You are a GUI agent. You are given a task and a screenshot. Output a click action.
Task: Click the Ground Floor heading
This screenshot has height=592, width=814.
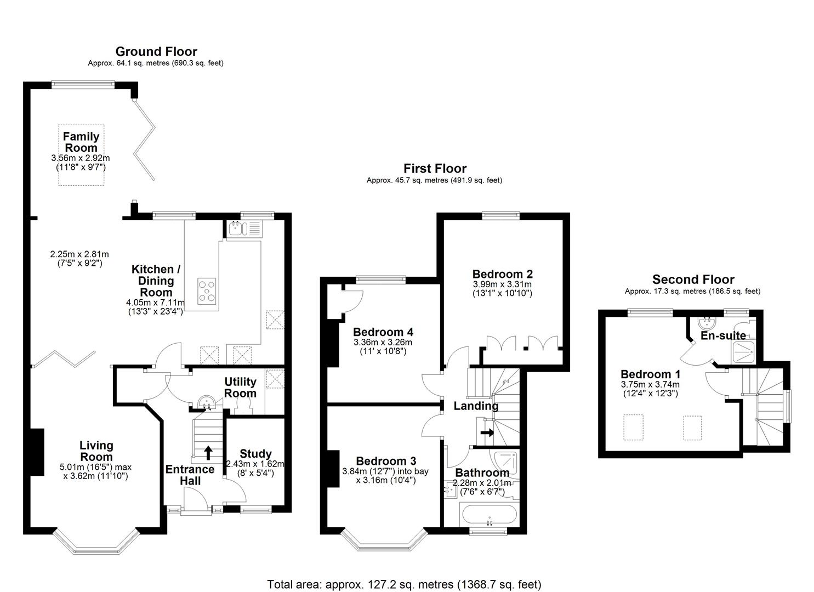[156, 52]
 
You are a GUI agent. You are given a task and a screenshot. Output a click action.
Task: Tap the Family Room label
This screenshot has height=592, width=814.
[81, 142]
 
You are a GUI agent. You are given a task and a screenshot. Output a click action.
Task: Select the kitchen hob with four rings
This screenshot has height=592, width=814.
[207, 291]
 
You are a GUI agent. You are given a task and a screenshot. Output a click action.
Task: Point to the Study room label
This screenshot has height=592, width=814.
[255, 454]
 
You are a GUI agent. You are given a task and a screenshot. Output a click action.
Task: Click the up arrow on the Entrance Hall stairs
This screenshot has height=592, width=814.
[208, 452]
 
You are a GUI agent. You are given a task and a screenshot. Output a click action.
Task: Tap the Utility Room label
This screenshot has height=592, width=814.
[240, 388]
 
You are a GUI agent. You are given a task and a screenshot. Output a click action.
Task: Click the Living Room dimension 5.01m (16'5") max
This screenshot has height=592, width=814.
[95, 467]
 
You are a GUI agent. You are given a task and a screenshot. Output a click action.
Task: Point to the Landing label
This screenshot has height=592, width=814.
[476, 406]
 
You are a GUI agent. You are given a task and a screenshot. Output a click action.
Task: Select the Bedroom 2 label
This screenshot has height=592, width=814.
[502, 274]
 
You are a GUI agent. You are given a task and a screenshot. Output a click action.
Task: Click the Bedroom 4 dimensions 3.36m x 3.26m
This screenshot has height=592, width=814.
[383, 342]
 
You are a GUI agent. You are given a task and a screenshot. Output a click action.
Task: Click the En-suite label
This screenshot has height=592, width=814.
[723, 335]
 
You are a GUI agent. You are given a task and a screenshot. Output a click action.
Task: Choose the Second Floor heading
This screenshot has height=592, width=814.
[693, 280]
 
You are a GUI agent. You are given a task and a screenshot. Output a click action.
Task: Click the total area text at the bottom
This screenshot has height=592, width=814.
[404, 584]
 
